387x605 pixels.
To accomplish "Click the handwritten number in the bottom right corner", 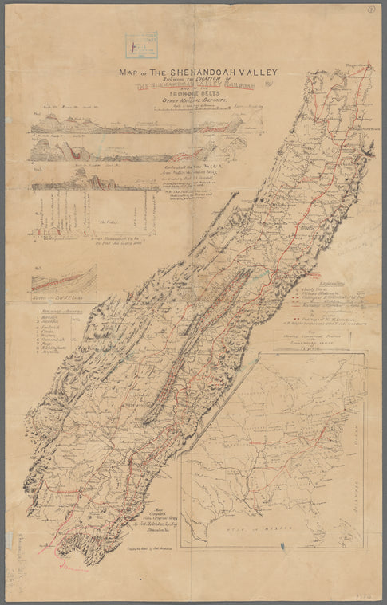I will point(366,595).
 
